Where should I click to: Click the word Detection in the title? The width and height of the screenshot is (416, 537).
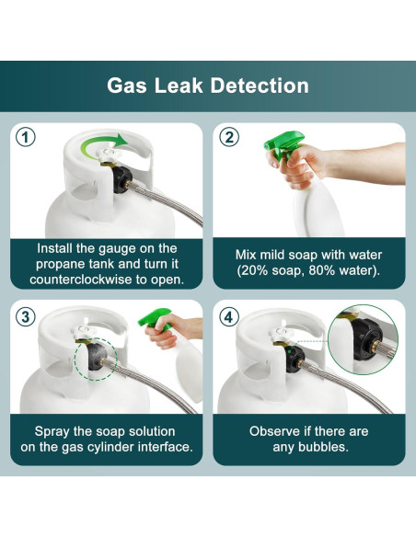click(260, 86)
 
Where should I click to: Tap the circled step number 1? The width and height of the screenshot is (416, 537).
click(26, 137)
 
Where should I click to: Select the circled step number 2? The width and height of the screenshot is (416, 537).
click(229, 137)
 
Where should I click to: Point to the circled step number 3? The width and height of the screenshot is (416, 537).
click(26, 317)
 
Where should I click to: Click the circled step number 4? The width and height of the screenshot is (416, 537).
click(229, 317)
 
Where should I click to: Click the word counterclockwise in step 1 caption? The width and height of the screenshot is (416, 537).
click(81, 280)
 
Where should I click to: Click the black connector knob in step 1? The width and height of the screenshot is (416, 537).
click(121, 178)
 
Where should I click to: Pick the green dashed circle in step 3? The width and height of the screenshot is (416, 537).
click(96, 359)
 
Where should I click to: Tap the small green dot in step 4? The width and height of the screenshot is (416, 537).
click(290, 351)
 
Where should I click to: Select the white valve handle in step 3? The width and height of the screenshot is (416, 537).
click(83, 331)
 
